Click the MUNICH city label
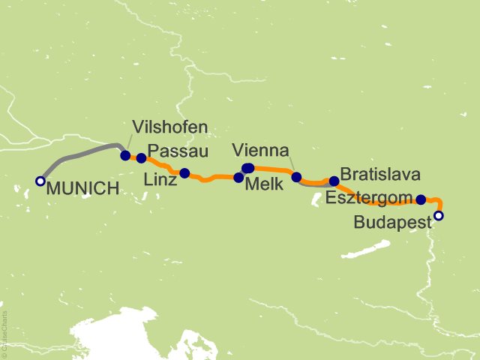(x=82, y=189)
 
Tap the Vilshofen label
(x=169, y=127)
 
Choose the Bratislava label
(x=379, y=174)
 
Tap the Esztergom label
(x=369, y=199)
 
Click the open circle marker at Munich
(x=40, y=181)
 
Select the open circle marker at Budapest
(x=439, y=216)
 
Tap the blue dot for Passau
(x=141, y=158)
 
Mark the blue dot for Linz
(x=184, y=173)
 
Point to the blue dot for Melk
(x=238, y=178)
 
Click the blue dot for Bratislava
(x=334, y=181)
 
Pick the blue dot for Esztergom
(x=421, y=199)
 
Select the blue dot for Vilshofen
(x=125, y=155)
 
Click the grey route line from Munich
(x=75, y=156)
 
